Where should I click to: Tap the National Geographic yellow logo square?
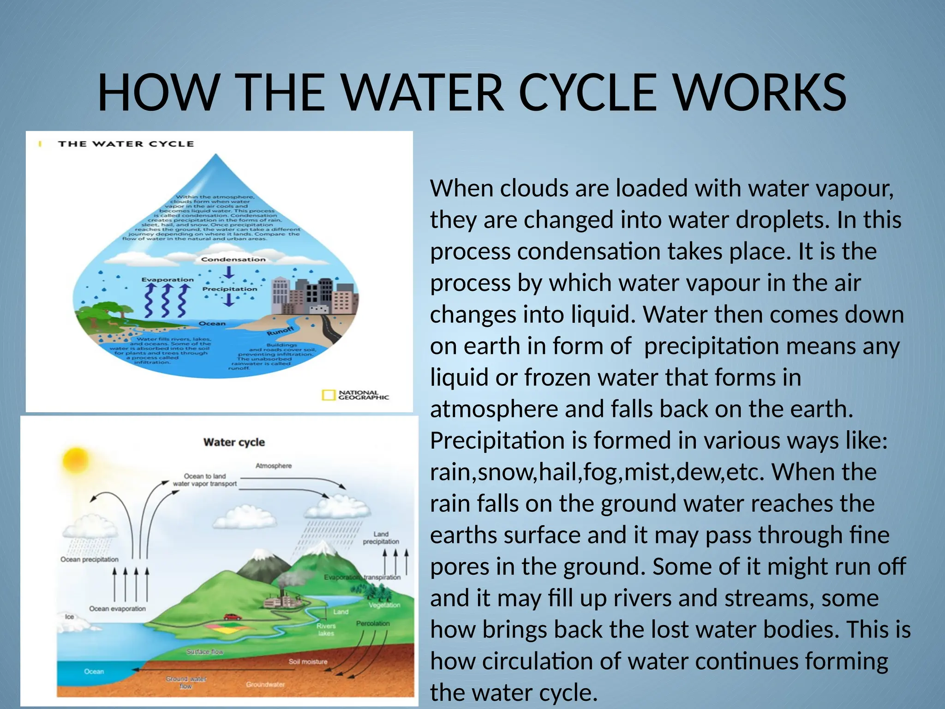point(328,395)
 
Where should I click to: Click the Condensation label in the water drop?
point(233,259)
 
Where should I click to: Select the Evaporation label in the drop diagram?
point(167,280)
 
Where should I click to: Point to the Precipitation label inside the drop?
point(229,289)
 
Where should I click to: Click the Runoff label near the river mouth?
point(280,331)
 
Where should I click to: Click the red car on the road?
point(232,617)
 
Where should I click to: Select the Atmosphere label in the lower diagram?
point(274,466)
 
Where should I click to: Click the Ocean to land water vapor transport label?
point(205,480)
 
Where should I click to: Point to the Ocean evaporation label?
point(117,609)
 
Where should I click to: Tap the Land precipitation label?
point(381,538)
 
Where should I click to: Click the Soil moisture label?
point(308,661)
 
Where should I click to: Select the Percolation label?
point(373,624)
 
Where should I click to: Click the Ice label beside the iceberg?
point(69,617)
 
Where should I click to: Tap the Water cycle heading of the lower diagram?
point(234,442)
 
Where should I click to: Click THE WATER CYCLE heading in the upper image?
point(126,144)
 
